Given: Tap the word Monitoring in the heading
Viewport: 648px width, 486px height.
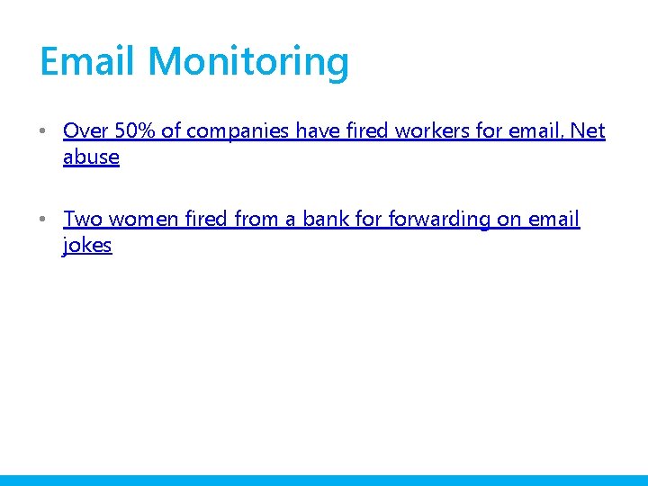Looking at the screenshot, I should pos(248,62).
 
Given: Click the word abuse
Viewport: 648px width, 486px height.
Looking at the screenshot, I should pos(91,157).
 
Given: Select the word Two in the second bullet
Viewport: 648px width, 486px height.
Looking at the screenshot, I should pos(83,220).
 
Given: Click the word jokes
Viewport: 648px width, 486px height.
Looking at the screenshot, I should pos(87,246).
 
